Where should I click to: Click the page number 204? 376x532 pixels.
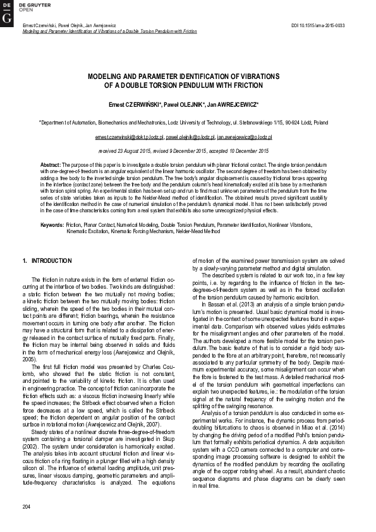[26, 507]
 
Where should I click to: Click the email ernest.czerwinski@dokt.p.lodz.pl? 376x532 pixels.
[129, 136]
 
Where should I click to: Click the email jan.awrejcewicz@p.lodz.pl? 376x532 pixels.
[245, 136]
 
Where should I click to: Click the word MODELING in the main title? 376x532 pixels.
[108, 75]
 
